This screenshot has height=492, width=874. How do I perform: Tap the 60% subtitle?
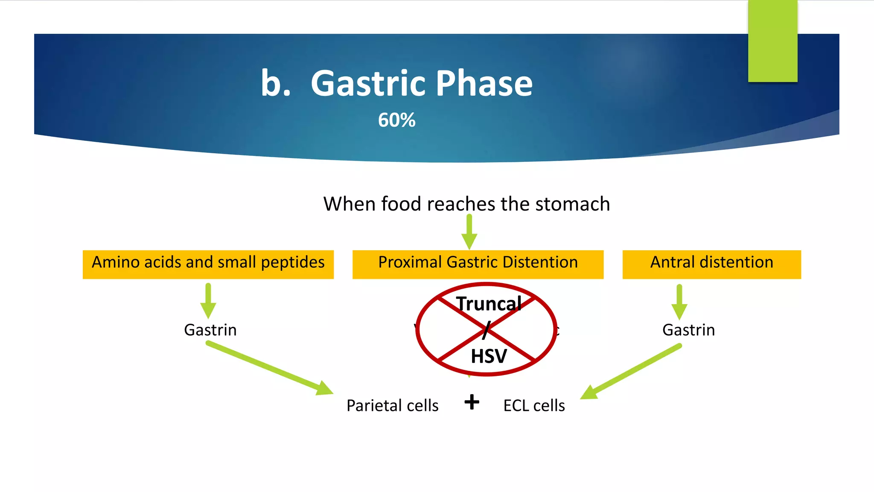(x=396, y=120)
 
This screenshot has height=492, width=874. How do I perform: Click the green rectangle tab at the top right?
(x=772, y=41)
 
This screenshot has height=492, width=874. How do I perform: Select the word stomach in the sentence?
(x=572, y=204)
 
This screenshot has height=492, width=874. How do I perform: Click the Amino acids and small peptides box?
(x=208, y=264)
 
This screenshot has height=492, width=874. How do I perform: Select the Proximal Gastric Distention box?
(x=478, y=264)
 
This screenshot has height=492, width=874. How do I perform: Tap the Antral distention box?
(x=711, y=264)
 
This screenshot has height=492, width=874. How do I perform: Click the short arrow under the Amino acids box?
(x=208, y=301)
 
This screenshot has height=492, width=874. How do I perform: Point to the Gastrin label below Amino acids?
(x=210, y=330)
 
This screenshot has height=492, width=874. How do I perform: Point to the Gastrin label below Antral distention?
(x=688, y=330)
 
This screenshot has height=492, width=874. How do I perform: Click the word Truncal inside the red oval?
(x=489, y=304)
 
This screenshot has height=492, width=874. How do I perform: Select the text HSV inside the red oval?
(x=489, y=356)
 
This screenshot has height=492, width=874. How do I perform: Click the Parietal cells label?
(x=392, y=405)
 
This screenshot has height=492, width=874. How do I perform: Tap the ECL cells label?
(x=534, y=405)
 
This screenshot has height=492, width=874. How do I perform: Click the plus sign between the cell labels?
(x=472, y=402)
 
